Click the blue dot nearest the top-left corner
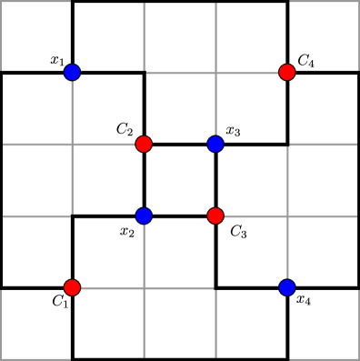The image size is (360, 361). pyautogui.click(x=72, y=72)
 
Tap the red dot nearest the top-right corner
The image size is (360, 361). pyautogui.click(x=287, y=72)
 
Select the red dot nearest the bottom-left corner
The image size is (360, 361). pyautogui.click(x=72, y=287)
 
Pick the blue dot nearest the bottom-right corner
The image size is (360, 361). pyautogui.click(x=287, y=287)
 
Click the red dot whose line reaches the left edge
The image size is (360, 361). pyautogui.click(x=144, y=144)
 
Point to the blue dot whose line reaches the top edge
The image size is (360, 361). pyautogui.click(x=215, y=144)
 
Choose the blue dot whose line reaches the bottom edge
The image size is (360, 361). pyautogui.click(x=144, y=216)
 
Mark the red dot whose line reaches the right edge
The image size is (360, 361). pyautogui.click(x=215, y=216)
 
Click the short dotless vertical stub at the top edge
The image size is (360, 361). pyautogui.click(x=144, y=36)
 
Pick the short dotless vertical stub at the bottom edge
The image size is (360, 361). pyautogui.click(x=215, y=324)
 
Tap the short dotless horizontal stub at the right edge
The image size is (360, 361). pyautogui.click(x=324, y=144)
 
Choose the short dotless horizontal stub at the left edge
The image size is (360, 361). pyautogui.click(x=36, y=216)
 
